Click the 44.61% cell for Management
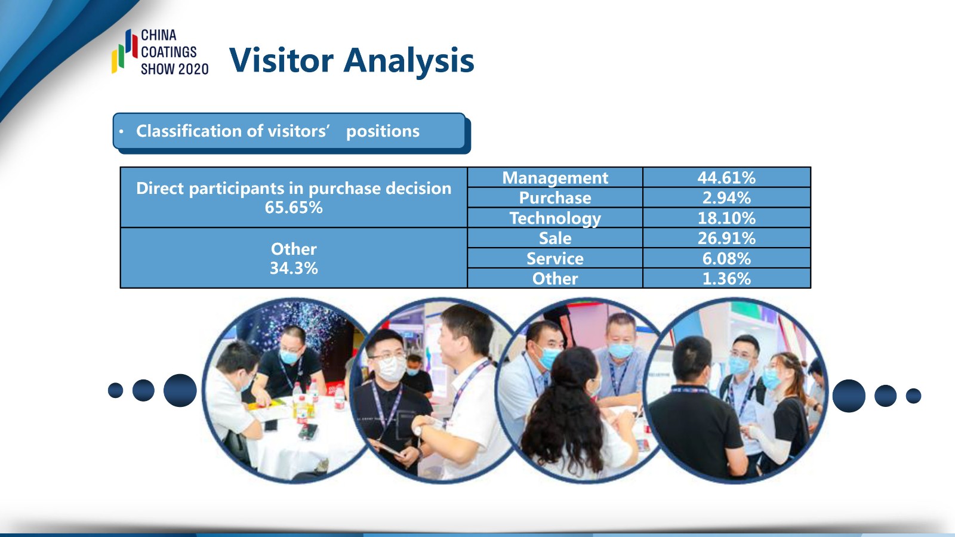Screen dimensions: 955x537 (x=726, y=178)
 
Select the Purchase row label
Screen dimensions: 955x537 (x=555, y=197)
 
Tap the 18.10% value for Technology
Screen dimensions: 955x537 (x=726, y=218)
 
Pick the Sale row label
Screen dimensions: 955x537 (x=555, y=238)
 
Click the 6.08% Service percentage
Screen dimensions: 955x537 (x=726, y=259)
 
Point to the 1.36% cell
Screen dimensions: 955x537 (x=726, y=279)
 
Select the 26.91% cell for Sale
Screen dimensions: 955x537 (x=726, y=238)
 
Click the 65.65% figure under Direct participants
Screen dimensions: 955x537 (x=294, y=208)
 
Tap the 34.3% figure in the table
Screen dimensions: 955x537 (x=294, y=268)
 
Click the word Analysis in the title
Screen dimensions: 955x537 (x=408, y=61)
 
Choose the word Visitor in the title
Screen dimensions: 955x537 (x=281, y=60)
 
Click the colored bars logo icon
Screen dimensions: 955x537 (x=125, y=51)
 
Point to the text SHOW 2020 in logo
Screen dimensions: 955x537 (x=175, y=69)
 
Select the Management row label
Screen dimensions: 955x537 (x=555, y=178)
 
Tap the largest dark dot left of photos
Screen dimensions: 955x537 (x=180, y=390)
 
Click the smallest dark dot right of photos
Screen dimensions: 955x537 (x=914, y=396)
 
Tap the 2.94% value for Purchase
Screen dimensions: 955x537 (x=726, y=197)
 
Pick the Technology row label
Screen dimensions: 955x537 (x=555, y=218)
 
